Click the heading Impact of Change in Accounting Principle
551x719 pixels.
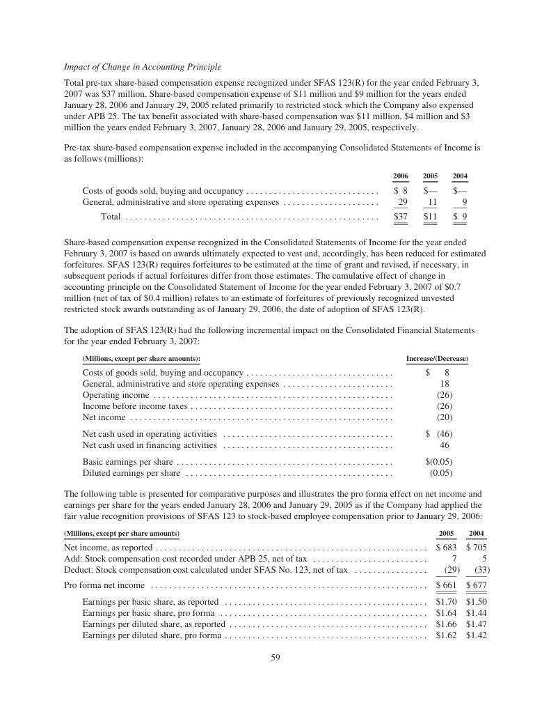point(143,67)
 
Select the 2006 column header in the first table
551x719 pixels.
point(401,176)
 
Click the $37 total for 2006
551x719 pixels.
point(400,217)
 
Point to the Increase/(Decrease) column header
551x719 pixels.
point(437,359)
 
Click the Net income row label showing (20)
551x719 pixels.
point(104,417)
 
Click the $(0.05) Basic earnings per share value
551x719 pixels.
point(439,461)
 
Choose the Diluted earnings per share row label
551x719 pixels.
point(131,473)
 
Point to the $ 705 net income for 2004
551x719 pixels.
point(476,547)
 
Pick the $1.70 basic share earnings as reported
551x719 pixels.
point(446,601)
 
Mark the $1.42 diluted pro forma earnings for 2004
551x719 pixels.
point(476,636)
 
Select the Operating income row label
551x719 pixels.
point(115,395)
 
